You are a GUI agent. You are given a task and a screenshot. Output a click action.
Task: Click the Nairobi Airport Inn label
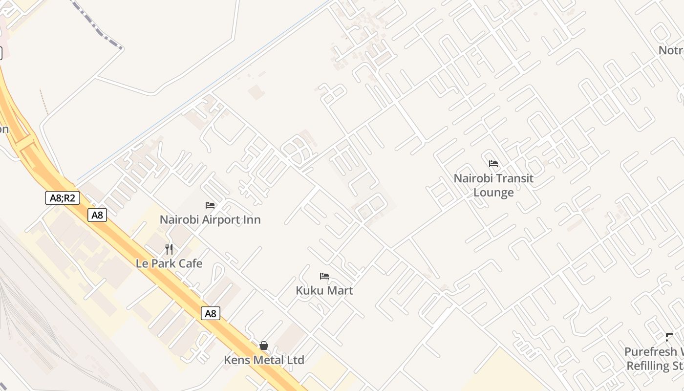210,220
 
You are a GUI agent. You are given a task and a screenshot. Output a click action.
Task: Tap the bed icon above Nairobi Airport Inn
210,205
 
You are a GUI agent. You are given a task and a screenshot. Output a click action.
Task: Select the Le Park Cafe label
169,263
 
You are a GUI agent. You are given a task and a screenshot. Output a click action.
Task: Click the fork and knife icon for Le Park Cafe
169,249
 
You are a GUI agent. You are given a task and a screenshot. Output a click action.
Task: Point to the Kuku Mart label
324,291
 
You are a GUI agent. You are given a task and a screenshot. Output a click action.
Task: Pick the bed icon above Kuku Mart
324,276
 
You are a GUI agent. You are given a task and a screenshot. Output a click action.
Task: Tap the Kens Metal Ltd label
264,360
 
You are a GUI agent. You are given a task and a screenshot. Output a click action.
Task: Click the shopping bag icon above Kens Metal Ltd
264,346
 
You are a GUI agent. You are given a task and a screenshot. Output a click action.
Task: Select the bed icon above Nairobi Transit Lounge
493,164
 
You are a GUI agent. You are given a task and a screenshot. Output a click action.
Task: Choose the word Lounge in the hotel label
493,193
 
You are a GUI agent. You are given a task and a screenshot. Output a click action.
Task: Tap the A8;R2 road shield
63,198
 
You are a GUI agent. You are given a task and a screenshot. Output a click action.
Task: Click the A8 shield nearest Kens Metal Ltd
211,314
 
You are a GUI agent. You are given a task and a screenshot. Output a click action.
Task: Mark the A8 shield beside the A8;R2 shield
97,215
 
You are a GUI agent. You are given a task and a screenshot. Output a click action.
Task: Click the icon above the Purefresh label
669,337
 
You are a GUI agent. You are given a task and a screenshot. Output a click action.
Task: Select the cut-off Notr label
671,50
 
